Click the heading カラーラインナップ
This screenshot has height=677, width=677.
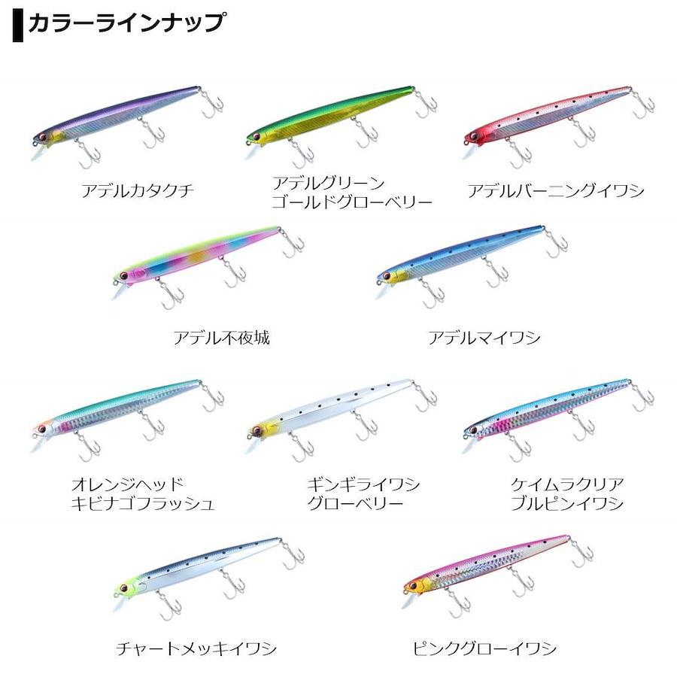pos(126,23)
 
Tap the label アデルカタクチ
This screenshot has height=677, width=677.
pos(138,190)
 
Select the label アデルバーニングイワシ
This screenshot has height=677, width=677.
pos(556,190)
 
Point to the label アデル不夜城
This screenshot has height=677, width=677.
pos(222,337)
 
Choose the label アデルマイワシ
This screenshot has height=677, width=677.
pos(484,337)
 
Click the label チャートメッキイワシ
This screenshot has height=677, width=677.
pos(196,648)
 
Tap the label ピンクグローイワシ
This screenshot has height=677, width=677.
pos(484,648)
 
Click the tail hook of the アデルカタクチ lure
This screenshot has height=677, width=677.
pos(213,105)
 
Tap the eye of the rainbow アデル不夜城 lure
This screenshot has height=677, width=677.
pos(124,275)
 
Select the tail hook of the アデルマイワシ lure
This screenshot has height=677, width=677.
pos(556,243)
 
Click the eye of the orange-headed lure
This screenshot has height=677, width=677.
pos(42,430)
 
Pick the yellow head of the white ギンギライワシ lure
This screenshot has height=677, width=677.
pos(264,430)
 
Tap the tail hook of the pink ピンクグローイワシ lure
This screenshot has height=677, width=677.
pos(581,553)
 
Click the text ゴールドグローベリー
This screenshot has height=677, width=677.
pos(352,202)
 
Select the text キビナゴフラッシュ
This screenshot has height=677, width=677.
pos(143,503)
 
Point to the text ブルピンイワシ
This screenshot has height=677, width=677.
pos(567,503)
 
